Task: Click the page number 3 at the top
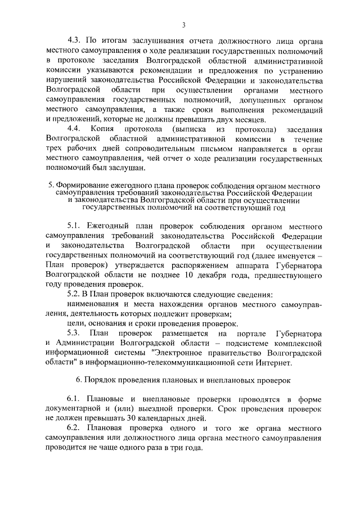click(x=183, y=25)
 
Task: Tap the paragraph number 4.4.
click(x=74, y=129)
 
